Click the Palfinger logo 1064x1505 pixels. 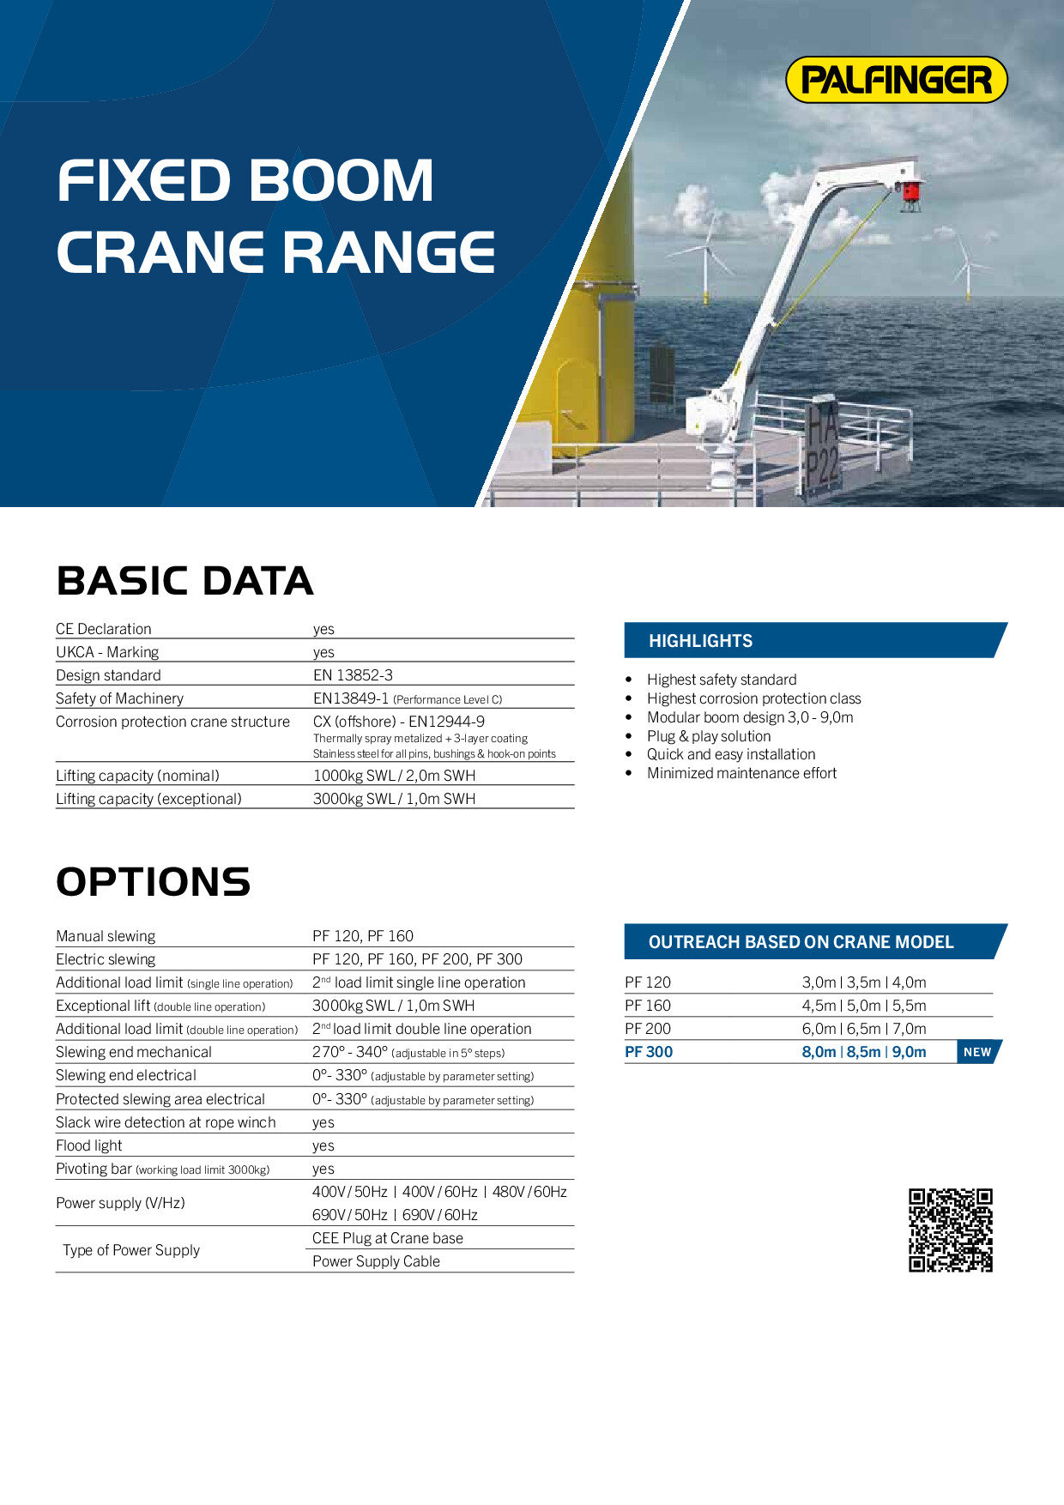896,80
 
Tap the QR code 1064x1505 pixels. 951,1230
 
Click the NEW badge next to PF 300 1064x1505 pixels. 977,1052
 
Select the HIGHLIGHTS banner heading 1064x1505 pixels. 700,641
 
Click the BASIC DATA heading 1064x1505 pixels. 184,581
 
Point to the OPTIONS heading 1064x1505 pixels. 153,882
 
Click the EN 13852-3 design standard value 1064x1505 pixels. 353,675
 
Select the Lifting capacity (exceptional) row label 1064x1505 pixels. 148,799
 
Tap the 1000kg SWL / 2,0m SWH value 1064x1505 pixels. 394,776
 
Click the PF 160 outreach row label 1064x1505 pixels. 648,1006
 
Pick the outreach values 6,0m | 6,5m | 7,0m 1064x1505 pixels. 864,1029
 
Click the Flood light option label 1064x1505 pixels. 89,1145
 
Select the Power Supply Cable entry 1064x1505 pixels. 376,1261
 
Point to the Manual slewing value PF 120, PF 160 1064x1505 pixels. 363,936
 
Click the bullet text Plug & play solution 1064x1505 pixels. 709,736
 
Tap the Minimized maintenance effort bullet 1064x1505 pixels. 741,773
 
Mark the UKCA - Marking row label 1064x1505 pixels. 107,652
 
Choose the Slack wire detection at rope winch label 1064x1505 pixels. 166,1122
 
